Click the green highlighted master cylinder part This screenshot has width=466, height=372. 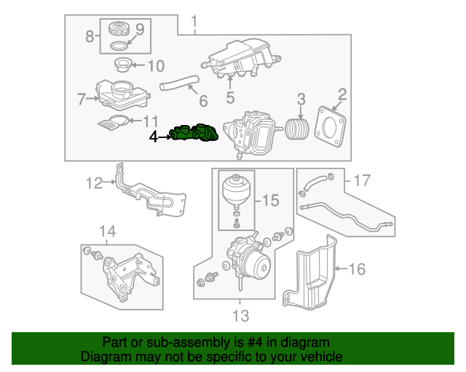(194, 134)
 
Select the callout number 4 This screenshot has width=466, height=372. (153, 136)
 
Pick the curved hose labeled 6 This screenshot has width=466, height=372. (177, 89)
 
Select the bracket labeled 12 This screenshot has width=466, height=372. (240, 315)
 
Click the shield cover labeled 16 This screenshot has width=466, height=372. (362, 179)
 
